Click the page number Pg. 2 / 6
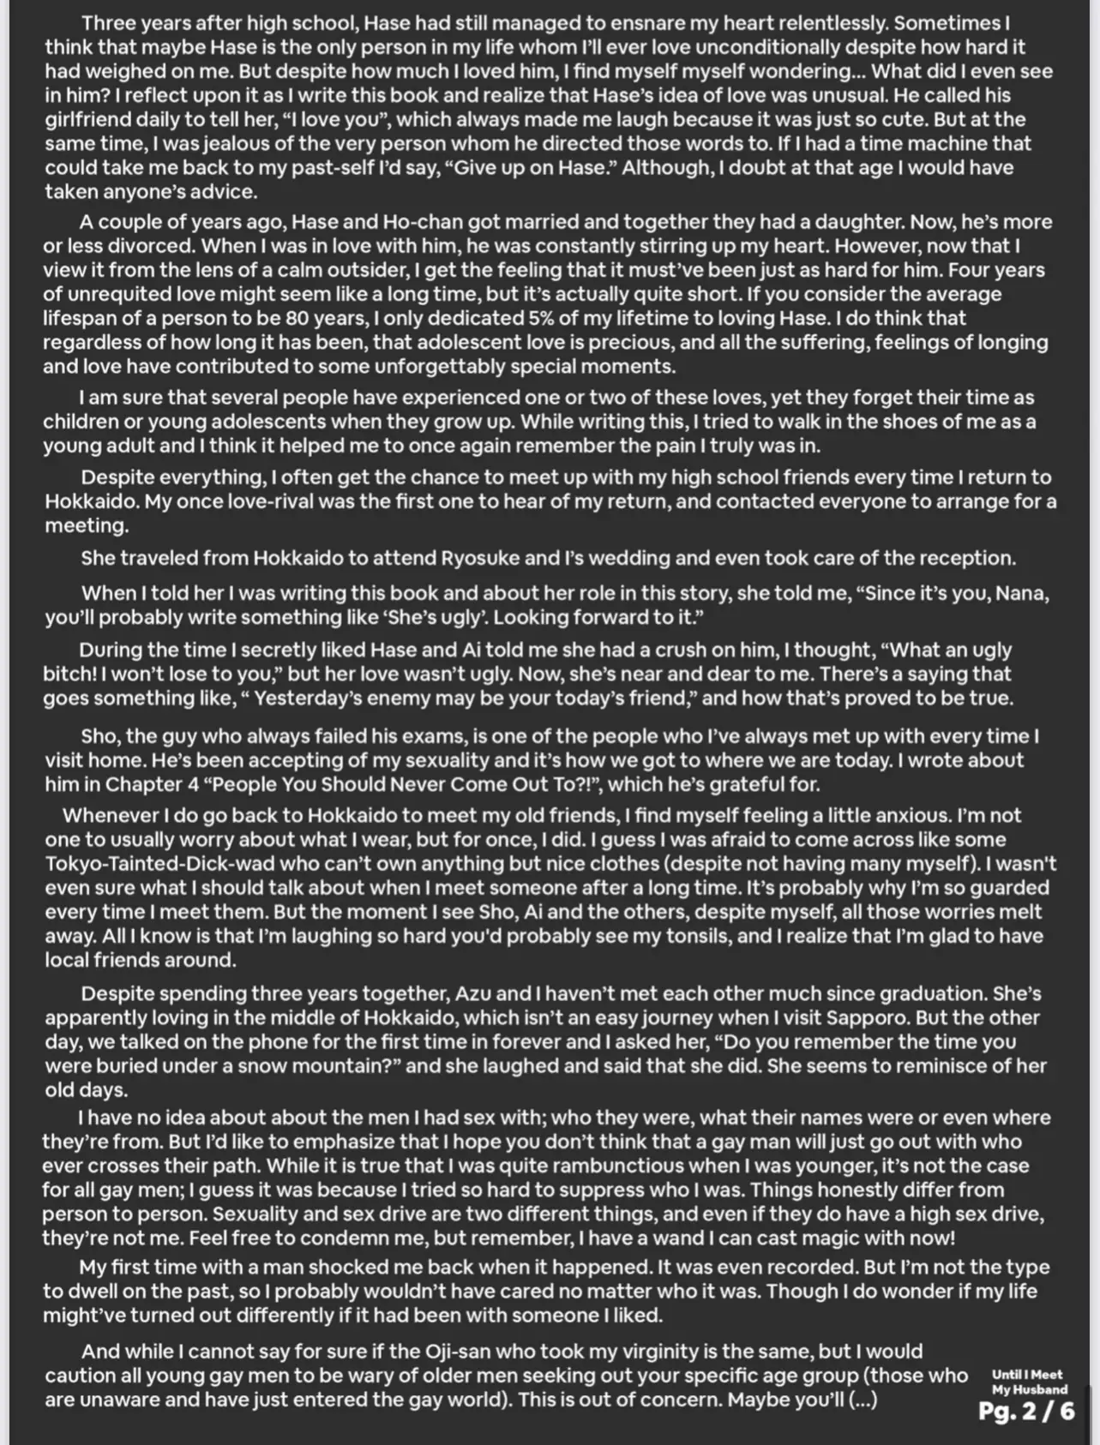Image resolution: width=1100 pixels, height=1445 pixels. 1026,1411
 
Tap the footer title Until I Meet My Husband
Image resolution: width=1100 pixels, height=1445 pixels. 1028,1382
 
